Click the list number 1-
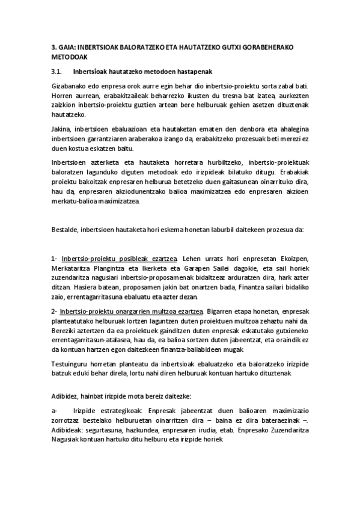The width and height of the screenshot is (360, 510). (x=54, y=258)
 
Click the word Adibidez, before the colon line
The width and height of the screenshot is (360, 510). (x=67, y=396)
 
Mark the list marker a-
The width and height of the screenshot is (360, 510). (x=54, y=411)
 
